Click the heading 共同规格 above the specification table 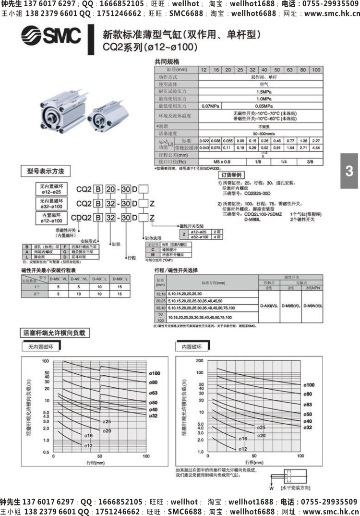(x=167, y=61)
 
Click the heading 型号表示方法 (x=45, y=171)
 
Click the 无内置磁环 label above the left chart (x=39, y=346)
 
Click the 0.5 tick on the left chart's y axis (x=46, y=452)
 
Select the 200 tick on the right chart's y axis (x=200, y=360)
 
